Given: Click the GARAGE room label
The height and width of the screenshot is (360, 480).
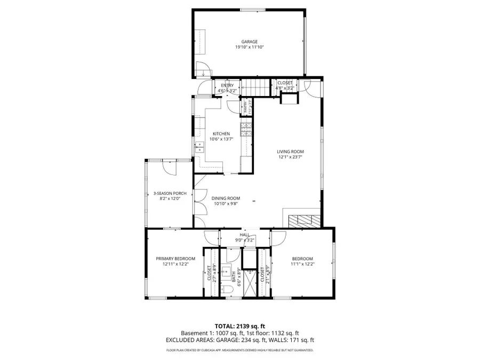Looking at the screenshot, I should tap(250, 42).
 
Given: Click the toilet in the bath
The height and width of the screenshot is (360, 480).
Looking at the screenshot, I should tap(226, 289).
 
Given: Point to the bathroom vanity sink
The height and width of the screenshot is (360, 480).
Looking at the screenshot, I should tap(226, 269).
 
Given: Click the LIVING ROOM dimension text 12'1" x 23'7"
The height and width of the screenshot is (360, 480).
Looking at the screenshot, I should tap(290, 157).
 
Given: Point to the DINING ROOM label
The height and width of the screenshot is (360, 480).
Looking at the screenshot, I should tap(226, 198).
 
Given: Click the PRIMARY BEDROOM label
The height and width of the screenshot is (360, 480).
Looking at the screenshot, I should tap(172, 258).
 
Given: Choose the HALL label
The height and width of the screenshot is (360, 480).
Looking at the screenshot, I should tap(245, 235).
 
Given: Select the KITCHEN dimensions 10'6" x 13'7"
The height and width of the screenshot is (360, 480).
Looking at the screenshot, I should tap(221, 139).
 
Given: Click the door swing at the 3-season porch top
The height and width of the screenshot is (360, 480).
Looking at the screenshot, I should tap(170, 167).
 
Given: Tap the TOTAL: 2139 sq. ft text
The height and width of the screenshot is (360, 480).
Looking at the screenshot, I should tap(239, 326).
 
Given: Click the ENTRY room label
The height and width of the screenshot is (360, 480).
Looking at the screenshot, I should tap(227, 85).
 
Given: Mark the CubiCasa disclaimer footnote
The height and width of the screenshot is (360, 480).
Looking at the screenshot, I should tap(239, 350).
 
